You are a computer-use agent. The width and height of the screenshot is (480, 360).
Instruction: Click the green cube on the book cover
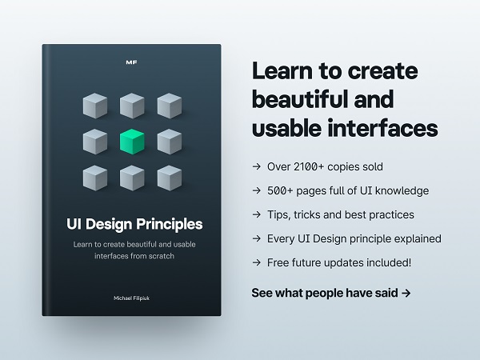[132, 142]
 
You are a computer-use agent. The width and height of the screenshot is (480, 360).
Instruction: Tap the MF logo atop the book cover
[132, 62]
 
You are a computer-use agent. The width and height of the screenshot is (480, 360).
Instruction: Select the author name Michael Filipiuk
[132, 298]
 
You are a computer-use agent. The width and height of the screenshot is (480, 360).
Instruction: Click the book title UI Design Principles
[134, 224]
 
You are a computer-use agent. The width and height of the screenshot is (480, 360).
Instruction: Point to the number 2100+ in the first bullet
[309, 167]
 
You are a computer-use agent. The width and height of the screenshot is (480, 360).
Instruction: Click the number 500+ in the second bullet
[280, 190]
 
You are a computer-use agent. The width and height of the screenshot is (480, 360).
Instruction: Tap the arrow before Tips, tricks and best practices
[257, 214]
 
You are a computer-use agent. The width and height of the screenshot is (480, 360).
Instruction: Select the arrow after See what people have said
[406, 294]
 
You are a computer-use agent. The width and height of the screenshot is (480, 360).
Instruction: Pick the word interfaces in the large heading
[382, 128]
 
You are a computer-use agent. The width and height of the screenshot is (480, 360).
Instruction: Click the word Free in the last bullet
[278, 262]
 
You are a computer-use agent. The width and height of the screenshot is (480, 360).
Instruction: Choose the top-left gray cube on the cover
[95, 106]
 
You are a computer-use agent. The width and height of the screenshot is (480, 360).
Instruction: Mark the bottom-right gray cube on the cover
[170, 178]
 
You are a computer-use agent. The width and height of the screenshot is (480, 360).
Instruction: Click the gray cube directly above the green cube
[132, 106]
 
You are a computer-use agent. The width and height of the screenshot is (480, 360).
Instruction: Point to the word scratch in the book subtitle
[162, 256]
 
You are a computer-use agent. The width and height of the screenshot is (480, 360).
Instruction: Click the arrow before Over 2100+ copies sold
[257, 166]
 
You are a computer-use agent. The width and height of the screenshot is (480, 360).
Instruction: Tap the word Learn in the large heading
[282, 70]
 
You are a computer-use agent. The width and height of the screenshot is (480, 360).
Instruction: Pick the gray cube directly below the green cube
[132, 178]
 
